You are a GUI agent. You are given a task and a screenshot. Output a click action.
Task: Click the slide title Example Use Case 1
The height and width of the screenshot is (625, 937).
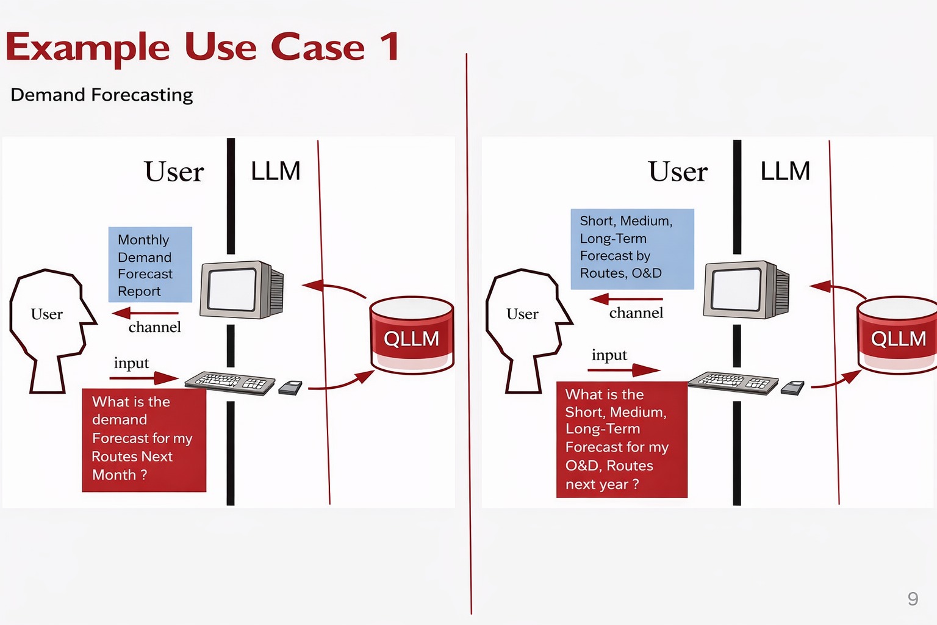(203, 48)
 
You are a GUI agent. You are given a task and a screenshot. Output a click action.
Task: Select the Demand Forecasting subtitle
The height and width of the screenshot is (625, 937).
(102, 95)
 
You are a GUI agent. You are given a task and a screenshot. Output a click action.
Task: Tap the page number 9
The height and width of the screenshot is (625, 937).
(913, 599)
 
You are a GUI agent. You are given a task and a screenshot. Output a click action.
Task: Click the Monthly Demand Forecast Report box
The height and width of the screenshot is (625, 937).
(150, 265)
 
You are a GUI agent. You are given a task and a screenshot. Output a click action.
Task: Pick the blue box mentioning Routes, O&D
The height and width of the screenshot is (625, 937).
(632, 248)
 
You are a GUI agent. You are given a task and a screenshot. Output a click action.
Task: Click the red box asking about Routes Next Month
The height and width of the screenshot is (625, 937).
(144, 439)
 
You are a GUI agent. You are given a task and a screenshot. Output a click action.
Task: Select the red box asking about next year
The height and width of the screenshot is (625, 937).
(622, 439)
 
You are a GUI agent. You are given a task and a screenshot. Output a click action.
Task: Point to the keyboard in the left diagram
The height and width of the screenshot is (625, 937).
(229, 382)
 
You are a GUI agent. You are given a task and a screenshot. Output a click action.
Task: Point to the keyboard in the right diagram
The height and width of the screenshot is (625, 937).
(733, 382)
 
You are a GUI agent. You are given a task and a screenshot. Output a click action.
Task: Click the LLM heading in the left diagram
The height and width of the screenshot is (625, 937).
(276, 172)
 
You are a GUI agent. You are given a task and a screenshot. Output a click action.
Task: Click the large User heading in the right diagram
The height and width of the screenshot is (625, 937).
(678, 172)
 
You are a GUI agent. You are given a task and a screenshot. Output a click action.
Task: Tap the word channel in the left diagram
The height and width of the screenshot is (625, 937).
(155, 328)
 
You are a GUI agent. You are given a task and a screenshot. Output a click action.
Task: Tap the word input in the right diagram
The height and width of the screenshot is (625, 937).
(609, 355)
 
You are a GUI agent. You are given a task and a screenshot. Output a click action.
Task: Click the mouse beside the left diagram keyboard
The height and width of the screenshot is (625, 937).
(291, 388)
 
